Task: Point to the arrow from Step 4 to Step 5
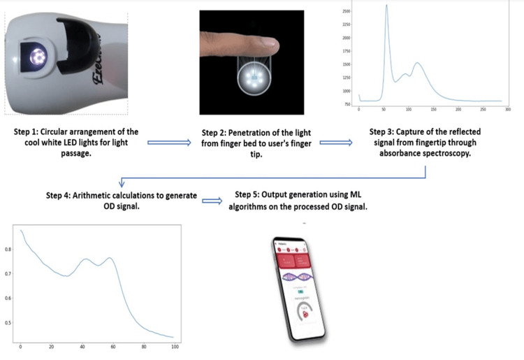point(212,201)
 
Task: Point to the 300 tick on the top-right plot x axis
point(507,109)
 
